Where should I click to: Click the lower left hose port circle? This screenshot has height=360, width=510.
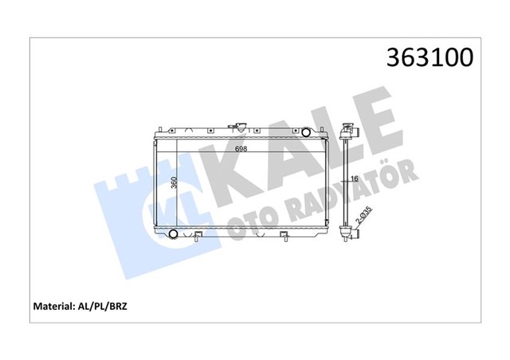[173, 234]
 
